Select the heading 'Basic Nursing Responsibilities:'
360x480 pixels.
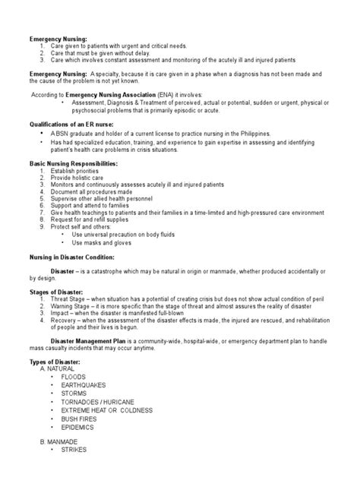point(73,163)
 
